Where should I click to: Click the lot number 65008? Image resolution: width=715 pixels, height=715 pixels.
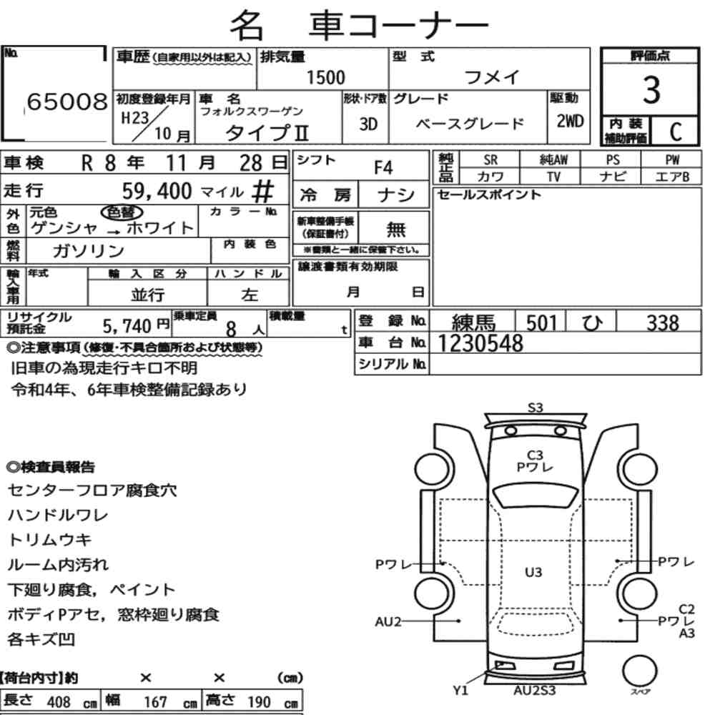click(67, 102)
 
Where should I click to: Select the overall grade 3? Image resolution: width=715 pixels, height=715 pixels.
click(651, 89)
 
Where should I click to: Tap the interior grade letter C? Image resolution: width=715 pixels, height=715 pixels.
click(676, 132)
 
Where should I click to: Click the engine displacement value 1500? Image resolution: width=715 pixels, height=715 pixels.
click(325, 77)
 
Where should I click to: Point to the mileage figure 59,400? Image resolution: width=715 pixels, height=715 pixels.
click(157, 191)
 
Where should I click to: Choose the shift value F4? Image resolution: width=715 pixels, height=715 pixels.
click(383, 168)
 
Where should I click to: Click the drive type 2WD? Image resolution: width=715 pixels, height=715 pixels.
click(570, 122)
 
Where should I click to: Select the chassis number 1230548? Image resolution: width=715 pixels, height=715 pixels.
click(480, 343)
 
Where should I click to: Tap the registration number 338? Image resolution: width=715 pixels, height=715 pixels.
click(663, 323)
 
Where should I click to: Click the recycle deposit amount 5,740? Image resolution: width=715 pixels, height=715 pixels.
click(127, 326)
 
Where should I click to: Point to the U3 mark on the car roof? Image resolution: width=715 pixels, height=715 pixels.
click(533, 572)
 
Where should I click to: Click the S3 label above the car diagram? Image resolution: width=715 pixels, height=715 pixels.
click(536, 408)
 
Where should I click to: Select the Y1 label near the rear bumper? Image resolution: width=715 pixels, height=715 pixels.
click(460, 691)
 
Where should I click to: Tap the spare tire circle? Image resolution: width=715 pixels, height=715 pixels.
click(640, 671)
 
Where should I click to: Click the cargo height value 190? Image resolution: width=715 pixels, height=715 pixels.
click(259, 701)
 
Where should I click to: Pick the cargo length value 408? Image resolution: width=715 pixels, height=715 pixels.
click(59, 701)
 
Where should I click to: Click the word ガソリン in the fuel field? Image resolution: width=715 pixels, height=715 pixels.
click(89, 250)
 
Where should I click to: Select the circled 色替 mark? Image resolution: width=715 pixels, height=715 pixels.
click(122, 212)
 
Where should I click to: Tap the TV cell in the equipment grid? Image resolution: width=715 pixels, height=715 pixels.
click(553, 177)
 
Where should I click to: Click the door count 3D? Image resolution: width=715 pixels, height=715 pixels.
click(368, 124)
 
